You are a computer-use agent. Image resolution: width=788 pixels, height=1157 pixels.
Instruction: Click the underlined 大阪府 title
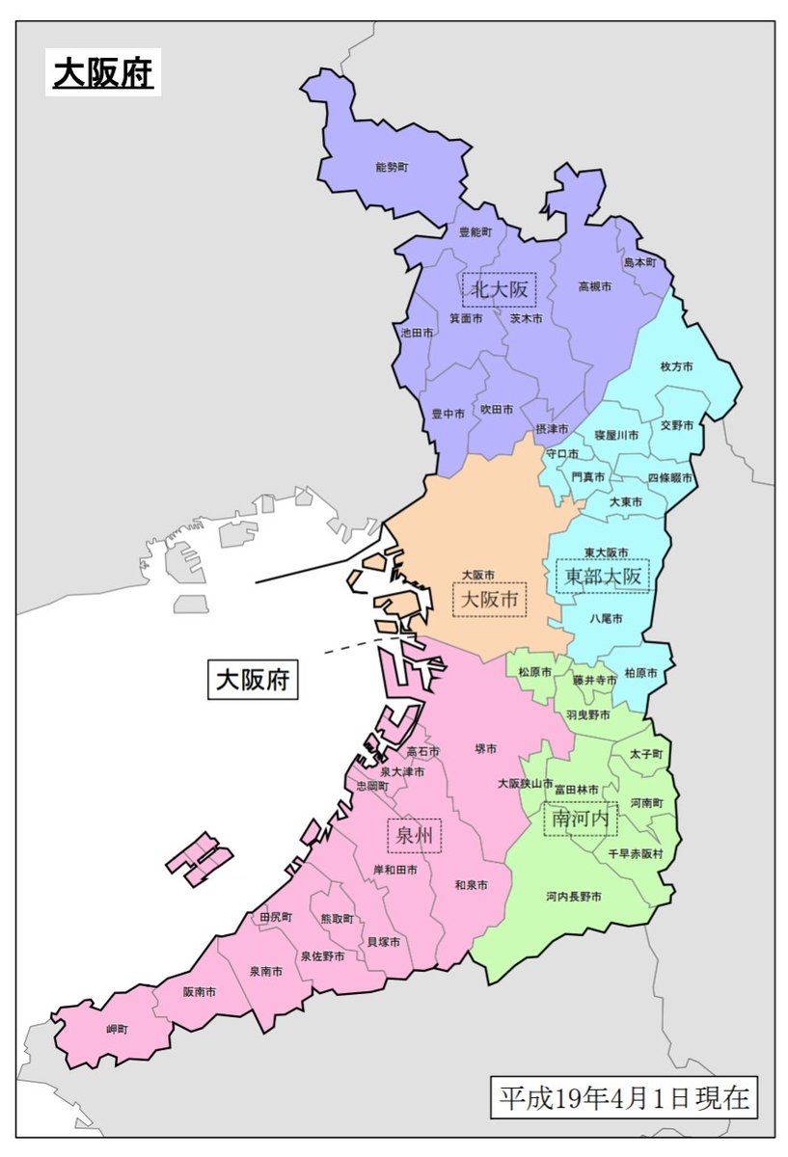pyautogui.click(x=103, y=73)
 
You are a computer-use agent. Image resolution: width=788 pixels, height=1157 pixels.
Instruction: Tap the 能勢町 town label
pyautogui.click(x=392, y=167)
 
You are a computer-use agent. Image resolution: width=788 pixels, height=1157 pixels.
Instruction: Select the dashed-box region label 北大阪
pyautogui.click(x=499, y=288)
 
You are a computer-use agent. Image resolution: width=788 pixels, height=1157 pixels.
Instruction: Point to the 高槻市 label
pyautogui.click(x=595, y=286)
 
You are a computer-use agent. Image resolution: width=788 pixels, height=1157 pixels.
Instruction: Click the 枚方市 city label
pyautogui.click(x=677, y=366)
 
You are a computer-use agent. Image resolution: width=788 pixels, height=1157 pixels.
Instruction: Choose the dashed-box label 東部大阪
pyautogui.click(x=603, y=577)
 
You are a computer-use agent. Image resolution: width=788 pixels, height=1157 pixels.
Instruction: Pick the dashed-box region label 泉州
pyautogui.click(x=414, y=836)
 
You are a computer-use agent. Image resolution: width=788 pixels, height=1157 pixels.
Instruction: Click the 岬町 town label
pyautogui.click(x=118, y=1029)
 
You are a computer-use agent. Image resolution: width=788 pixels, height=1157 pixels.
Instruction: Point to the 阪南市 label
pyautogui.click(x=199, y=991)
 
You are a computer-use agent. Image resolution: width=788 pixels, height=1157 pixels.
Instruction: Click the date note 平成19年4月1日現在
pyautogui.click(x=623, y=1098)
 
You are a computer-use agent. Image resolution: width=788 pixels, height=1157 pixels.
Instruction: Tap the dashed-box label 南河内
pyautogui.click(x=580, y=819)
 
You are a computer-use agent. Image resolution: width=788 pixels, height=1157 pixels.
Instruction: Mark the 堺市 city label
pyautogui.click(x=486, y=748)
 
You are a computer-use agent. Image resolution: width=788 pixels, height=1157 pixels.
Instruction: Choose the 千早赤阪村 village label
pyautogui.click(x=635, y=854)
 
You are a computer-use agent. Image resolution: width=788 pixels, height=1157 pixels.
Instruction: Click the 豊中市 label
pyautogui.click(x=448, y=413)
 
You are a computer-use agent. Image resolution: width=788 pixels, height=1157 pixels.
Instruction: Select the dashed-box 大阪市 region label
pyautogui.click(x=490, y=600)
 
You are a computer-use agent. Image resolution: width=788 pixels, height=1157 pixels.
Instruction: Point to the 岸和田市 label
pyautogui.click(x=394, y=870)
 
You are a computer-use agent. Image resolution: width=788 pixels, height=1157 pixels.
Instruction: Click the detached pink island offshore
pyautogui.click(x=199, y=858)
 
